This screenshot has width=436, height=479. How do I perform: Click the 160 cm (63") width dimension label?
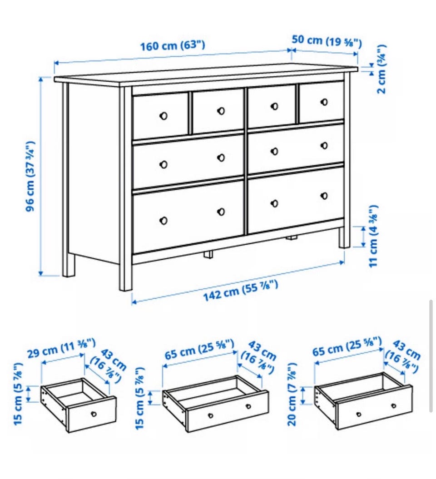(x=173, y=46)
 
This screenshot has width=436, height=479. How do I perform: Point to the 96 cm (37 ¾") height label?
(x=30, y=176)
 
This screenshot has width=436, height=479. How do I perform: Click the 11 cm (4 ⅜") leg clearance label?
(x=374, y=236)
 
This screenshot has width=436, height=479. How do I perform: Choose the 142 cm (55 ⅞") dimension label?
(x=241, y=291)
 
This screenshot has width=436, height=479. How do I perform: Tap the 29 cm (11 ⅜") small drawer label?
(x=61, y=348)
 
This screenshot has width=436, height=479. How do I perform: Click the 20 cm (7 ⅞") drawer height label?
(x=292, y=394)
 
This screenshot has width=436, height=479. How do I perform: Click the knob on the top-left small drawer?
(x=163, y=116)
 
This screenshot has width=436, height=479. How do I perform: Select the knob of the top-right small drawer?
(x=324, y=102)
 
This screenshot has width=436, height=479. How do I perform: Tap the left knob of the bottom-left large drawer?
(x=163, y=220)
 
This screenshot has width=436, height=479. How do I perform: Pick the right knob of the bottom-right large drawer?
(x=324, y=196)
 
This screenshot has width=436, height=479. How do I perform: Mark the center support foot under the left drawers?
(x=208, y=255)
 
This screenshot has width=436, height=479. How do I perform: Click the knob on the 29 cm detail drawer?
(x=94, y=414)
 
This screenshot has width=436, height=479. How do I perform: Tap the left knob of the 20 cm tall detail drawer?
(x=359, y=415)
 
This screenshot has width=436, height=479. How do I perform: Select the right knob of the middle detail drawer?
(x=248, y=407)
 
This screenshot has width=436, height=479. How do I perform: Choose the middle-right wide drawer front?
(x=296, y=148)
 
